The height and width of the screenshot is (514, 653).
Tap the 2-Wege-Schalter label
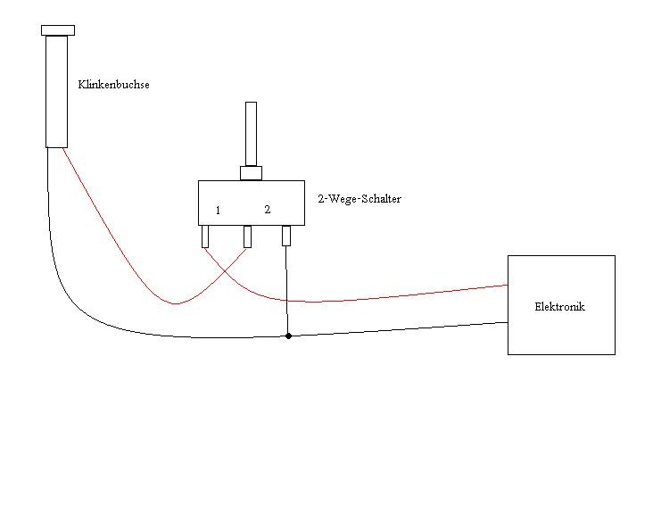click(x=359, y=199)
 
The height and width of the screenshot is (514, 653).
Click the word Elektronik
click(x=559, y=307)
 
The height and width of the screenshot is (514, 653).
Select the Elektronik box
click(x=561, y=330)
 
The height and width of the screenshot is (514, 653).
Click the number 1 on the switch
click(x=218, y=211)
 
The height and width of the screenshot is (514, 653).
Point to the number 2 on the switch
click(x=267, y=210)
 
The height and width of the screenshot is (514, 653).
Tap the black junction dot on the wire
click(x=287, y=336)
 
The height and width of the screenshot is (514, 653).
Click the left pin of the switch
click(x=205, y=236)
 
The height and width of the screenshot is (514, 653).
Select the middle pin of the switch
click(x=247, y=236)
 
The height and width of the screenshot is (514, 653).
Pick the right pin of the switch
click(x=286, y=236)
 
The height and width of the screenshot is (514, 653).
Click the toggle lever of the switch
click(x=251, y=134)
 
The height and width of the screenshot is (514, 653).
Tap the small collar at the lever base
click(x=251, y=173)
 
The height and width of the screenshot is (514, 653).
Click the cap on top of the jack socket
click(x=57, y=30)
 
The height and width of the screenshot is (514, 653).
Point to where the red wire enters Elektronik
click(x=508, y=286)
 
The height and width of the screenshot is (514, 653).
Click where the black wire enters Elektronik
click(x=508, y=323)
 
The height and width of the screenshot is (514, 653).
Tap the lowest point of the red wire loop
click(x=176, y=303)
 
